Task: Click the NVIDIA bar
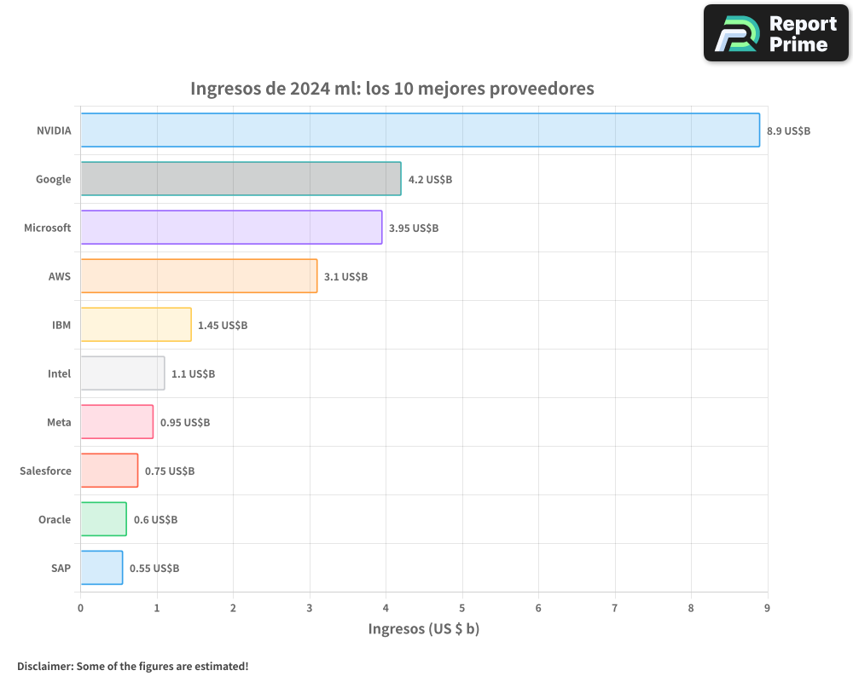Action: pos(420,130)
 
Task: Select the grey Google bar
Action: pos(241,179)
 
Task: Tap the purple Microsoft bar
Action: pos(231,228)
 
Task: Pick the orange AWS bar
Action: pos(199,276)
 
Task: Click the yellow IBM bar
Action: pos(136,325)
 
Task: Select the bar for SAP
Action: pos(102,568)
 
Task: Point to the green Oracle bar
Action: pos(103,519)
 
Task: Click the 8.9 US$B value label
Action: pos(788,131)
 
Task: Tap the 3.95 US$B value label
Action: pos(414,228)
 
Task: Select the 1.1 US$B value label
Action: pos(193,374)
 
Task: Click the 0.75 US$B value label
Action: pos(170,471)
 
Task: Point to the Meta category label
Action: pos(59,422)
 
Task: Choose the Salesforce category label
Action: pos(45,471)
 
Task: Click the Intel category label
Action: pos(59,373)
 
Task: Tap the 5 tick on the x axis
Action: pos(462,608)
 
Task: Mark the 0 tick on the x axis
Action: pos(80,608)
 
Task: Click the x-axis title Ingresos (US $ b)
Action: pos(424,629)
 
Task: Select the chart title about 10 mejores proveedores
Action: pos(392,89)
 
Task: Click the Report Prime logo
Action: pos(775,33)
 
